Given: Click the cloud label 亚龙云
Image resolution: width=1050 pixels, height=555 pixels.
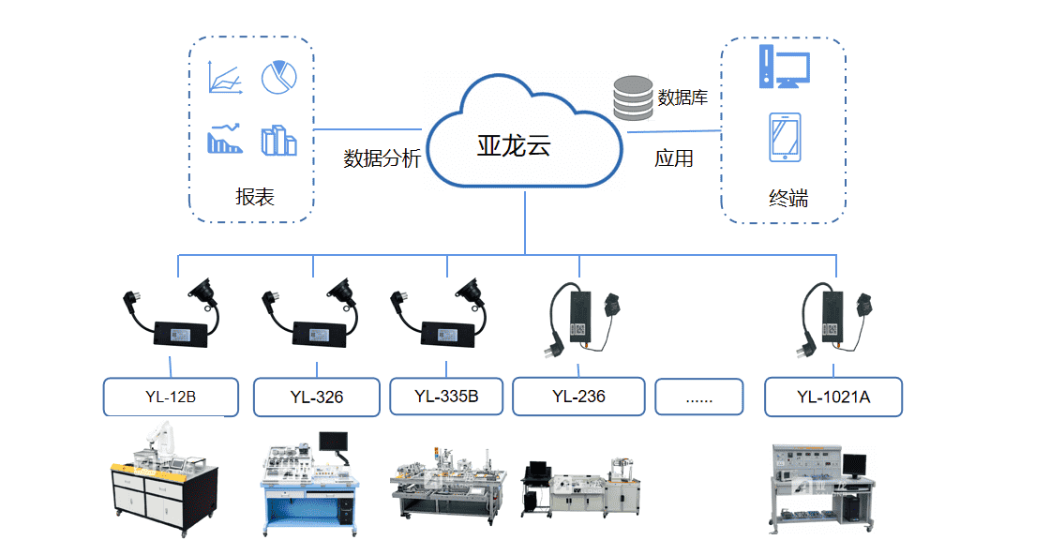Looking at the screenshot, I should [x=514, y=145].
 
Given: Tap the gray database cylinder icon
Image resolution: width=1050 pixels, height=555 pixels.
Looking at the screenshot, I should [x=633, y=98].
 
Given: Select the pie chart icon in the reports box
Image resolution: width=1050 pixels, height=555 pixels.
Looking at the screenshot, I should [x=278, y=79].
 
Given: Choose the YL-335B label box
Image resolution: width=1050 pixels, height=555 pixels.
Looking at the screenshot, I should [x=446, y=396].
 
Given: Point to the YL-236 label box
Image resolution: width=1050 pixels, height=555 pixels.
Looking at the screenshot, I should [x=578, y=396].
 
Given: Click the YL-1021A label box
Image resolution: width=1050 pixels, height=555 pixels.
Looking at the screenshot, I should [x=833, y=397].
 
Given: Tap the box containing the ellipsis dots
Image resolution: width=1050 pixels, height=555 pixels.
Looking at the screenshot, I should [x=699, y=397].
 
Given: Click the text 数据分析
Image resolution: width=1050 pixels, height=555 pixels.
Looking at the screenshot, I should [x=382, y=157].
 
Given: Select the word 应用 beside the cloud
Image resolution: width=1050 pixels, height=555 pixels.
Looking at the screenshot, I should [x=673, y=158].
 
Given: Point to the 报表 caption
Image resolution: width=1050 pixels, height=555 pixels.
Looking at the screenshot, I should [x=255, y=197].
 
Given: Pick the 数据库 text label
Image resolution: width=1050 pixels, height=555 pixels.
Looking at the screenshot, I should [x=682, y=97].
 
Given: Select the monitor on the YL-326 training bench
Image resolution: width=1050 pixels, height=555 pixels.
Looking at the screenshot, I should [x=333, y=441].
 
